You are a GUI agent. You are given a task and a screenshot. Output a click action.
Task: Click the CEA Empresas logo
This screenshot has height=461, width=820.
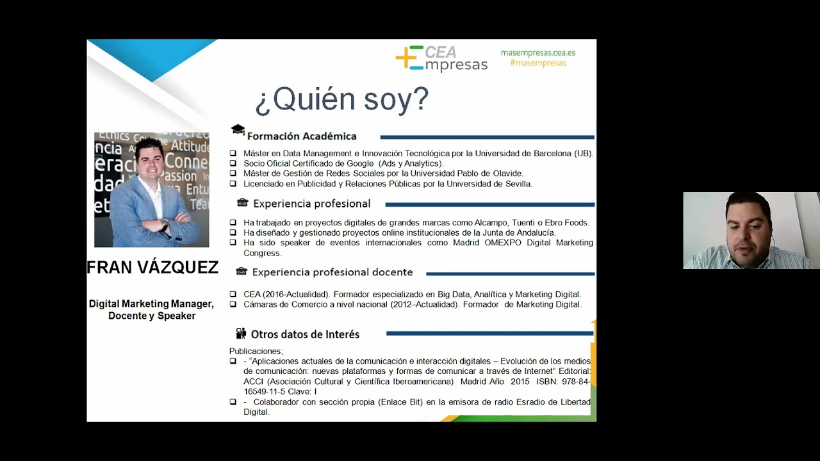[441, 58]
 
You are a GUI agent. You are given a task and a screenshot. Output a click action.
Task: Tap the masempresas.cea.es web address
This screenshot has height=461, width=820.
[538, 53]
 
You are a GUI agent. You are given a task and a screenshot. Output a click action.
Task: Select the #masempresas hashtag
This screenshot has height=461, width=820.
[538, 63]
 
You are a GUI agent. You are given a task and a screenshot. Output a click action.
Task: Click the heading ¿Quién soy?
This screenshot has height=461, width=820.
[341, 99]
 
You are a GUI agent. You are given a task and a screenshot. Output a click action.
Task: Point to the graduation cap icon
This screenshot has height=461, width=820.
[238, 130]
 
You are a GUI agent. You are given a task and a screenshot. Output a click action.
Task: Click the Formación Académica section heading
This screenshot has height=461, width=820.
[302, 136]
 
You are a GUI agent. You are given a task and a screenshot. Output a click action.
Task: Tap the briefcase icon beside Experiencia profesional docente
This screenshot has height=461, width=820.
[242, 271]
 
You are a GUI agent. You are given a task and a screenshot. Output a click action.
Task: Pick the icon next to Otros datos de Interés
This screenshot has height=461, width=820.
[241, 334]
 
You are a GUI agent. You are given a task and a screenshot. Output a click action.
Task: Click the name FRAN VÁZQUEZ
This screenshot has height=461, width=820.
[152, 268]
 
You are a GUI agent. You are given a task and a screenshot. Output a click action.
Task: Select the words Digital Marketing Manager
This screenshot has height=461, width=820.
[151, 303]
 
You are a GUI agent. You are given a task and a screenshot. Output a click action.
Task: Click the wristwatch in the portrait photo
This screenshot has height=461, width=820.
[165, 225]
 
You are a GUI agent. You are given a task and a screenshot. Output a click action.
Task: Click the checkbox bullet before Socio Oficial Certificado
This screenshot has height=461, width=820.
[233, 164]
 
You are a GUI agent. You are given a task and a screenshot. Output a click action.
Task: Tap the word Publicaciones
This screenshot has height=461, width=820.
[255, 351]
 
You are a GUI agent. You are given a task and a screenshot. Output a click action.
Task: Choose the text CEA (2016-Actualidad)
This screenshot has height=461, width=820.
[286, 295]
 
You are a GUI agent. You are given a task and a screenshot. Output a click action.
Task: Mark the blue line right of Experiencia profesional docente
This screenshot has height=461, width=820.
[510, 273]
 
